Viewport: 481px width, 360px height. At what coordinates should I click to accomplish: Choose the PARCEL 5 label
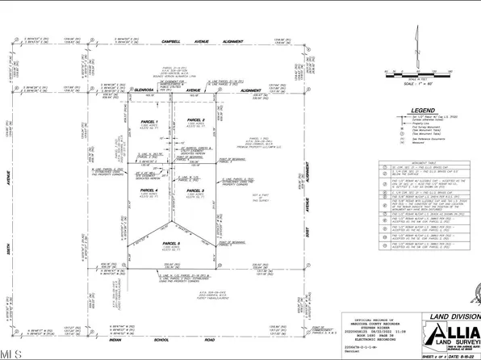tap(169, 243)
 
